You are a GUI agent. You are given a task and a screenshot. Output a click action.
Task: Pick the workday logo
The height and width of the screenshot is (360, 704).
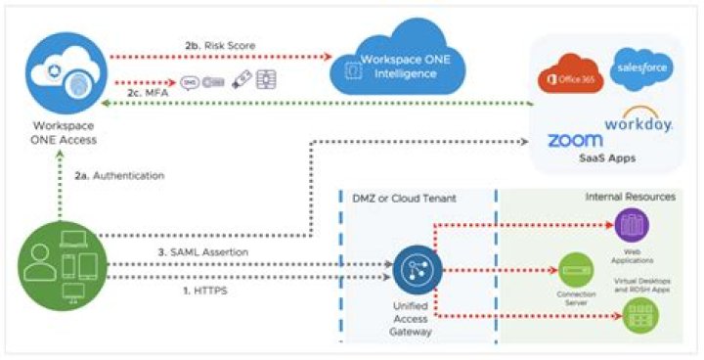637,121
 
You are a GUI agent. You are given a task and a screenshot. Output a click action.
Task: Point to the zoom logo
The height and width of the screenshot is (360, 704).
575,140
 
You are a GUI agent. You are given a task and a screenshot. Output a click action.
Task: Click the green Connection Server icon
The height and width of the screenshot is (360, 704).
571,266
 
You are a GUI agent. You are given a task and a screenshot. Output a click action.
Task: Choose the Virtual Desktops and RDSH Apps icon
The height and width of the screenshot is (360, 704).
639,313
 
